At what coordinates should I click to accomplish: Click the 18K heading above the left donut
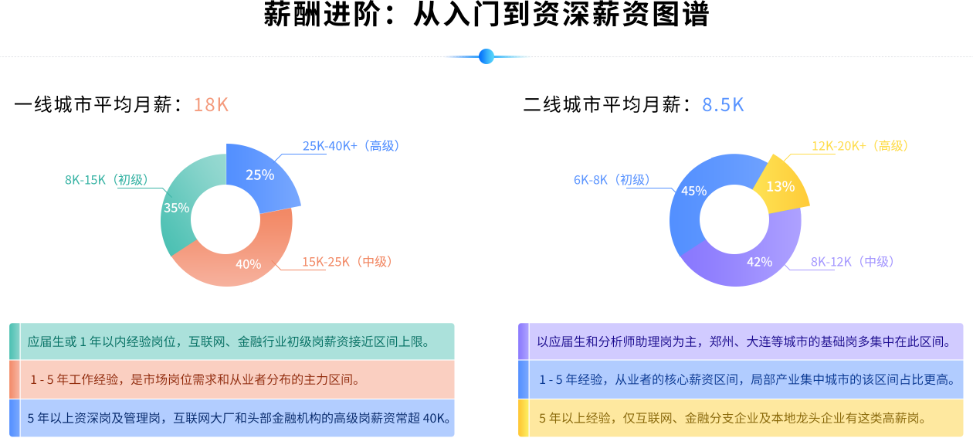pos(211,105)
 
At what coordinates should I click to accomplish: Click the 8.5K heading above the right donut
pos(723,105)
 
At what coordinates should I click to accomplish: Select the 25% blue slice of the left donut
pos(260,175)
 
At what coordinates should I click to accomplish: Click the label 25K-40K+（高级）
pos(351,146)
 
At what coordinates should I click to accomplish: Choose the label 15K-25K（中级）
pos(347,262)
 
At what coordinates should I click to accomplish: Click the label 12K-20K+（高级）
pos(859,146)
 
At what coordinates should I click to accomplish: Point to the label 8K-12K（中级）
pos(852,262)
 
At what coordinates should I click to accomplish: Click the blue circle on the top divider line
pos(486,56)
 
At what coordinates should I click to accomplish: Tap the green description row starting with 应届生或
pos(232,341)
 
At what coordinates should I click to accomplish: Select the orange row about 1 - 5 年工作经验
pos(232,379)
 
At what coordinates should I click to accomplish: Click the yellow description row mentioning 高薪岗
pos(741,418)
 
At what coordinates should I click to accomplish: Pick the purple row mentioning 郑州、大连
pos(741,341)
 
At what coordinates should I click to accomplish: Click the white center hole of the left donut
pos(225,220)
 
